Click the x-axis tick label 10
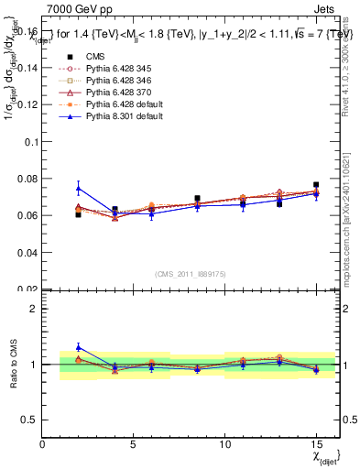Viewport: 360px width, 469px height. click(224, 443)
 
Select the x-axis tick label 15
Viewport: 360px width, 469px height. click(316, 443)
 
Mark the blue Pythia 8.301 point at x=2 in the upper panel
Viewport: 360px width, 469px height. click(79, 188)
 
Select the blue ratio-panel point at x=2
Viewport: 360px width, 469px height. click(79, 347)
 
